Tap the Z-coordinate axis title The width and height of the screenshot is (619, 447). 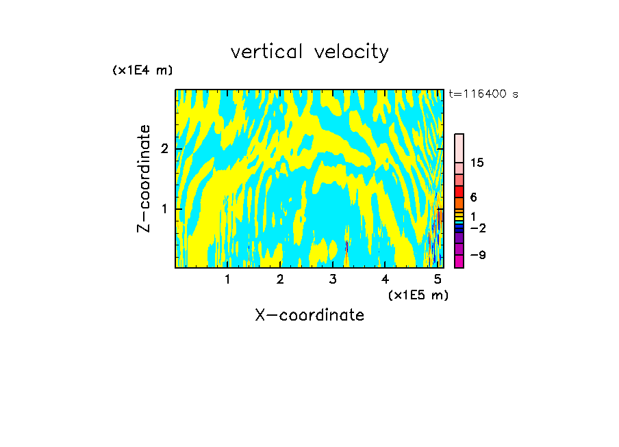(144, 178)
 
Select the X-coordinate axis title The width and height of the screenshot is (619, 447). (309, 315)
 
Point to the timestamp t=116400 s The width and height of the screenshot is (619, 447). (483, 94)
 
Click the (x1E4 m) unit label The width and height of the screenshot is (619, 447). (142, 70)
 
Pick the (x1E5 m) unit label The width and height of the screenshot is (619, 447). (418, 295)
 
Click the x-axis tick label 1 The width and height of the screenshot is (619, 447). (228, 279)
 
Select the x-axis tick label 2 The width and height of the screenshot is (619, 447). (280, 279)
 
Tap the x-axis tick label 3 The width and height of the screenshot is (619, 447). (333, 279)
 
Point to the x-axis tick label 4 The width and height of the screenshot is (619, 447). (386, 279)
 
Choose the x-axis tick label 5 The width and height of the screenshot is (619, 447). (438, 279)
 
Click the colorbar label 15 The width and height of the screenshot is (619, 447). (477, 163)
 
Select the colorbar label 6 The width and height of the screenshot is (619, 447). (473, 197)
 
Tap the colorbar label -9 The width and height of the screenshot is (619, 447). (477, 256)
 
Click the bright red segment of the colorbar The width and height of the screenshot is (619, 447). (459, 191)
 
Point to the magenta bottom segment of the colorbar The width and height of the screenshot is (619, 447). (459, 261)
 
